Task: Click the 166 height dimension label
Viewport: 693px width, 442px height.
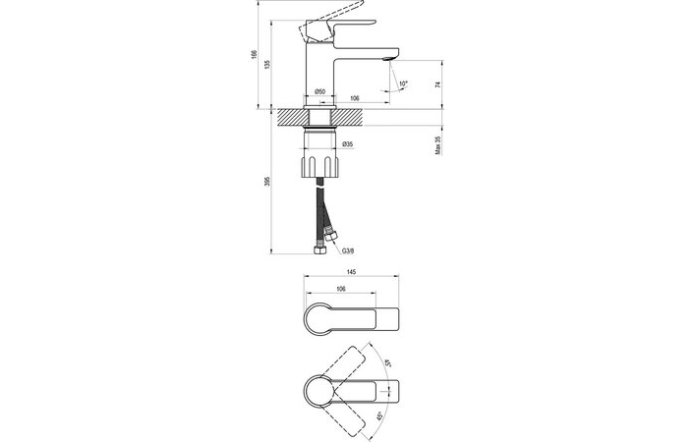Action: coord(254,54)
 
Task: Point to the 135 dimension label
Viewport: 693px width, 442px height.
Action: coord(266,64)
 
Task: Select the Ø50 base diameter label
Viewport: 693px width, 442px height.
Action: coord(320,91)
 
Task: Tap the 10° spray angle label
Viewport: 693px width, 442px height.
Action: coord(403,83)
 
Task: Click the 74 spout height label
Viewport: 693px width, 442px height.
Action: coord(438,84)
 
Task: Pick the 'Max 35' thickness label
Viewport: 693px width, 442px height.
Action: coord(438,144)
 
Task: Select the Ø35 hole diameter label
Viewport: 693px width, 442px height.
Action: coord(348,144)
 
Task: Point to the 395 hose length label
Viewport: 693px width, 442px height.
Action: coord(266,181)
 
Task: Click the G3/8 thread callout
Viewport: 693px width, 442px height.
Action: coord(348,250)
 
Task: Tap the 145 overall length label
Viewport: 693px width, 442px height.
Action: coord(351,272)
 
